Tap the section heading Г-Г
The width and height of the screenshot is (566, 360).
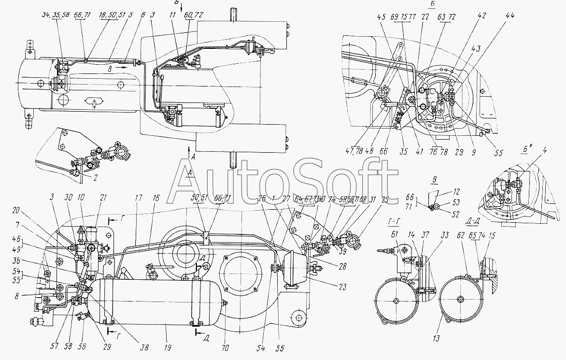pyautogui.click(x=394, y=221)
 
